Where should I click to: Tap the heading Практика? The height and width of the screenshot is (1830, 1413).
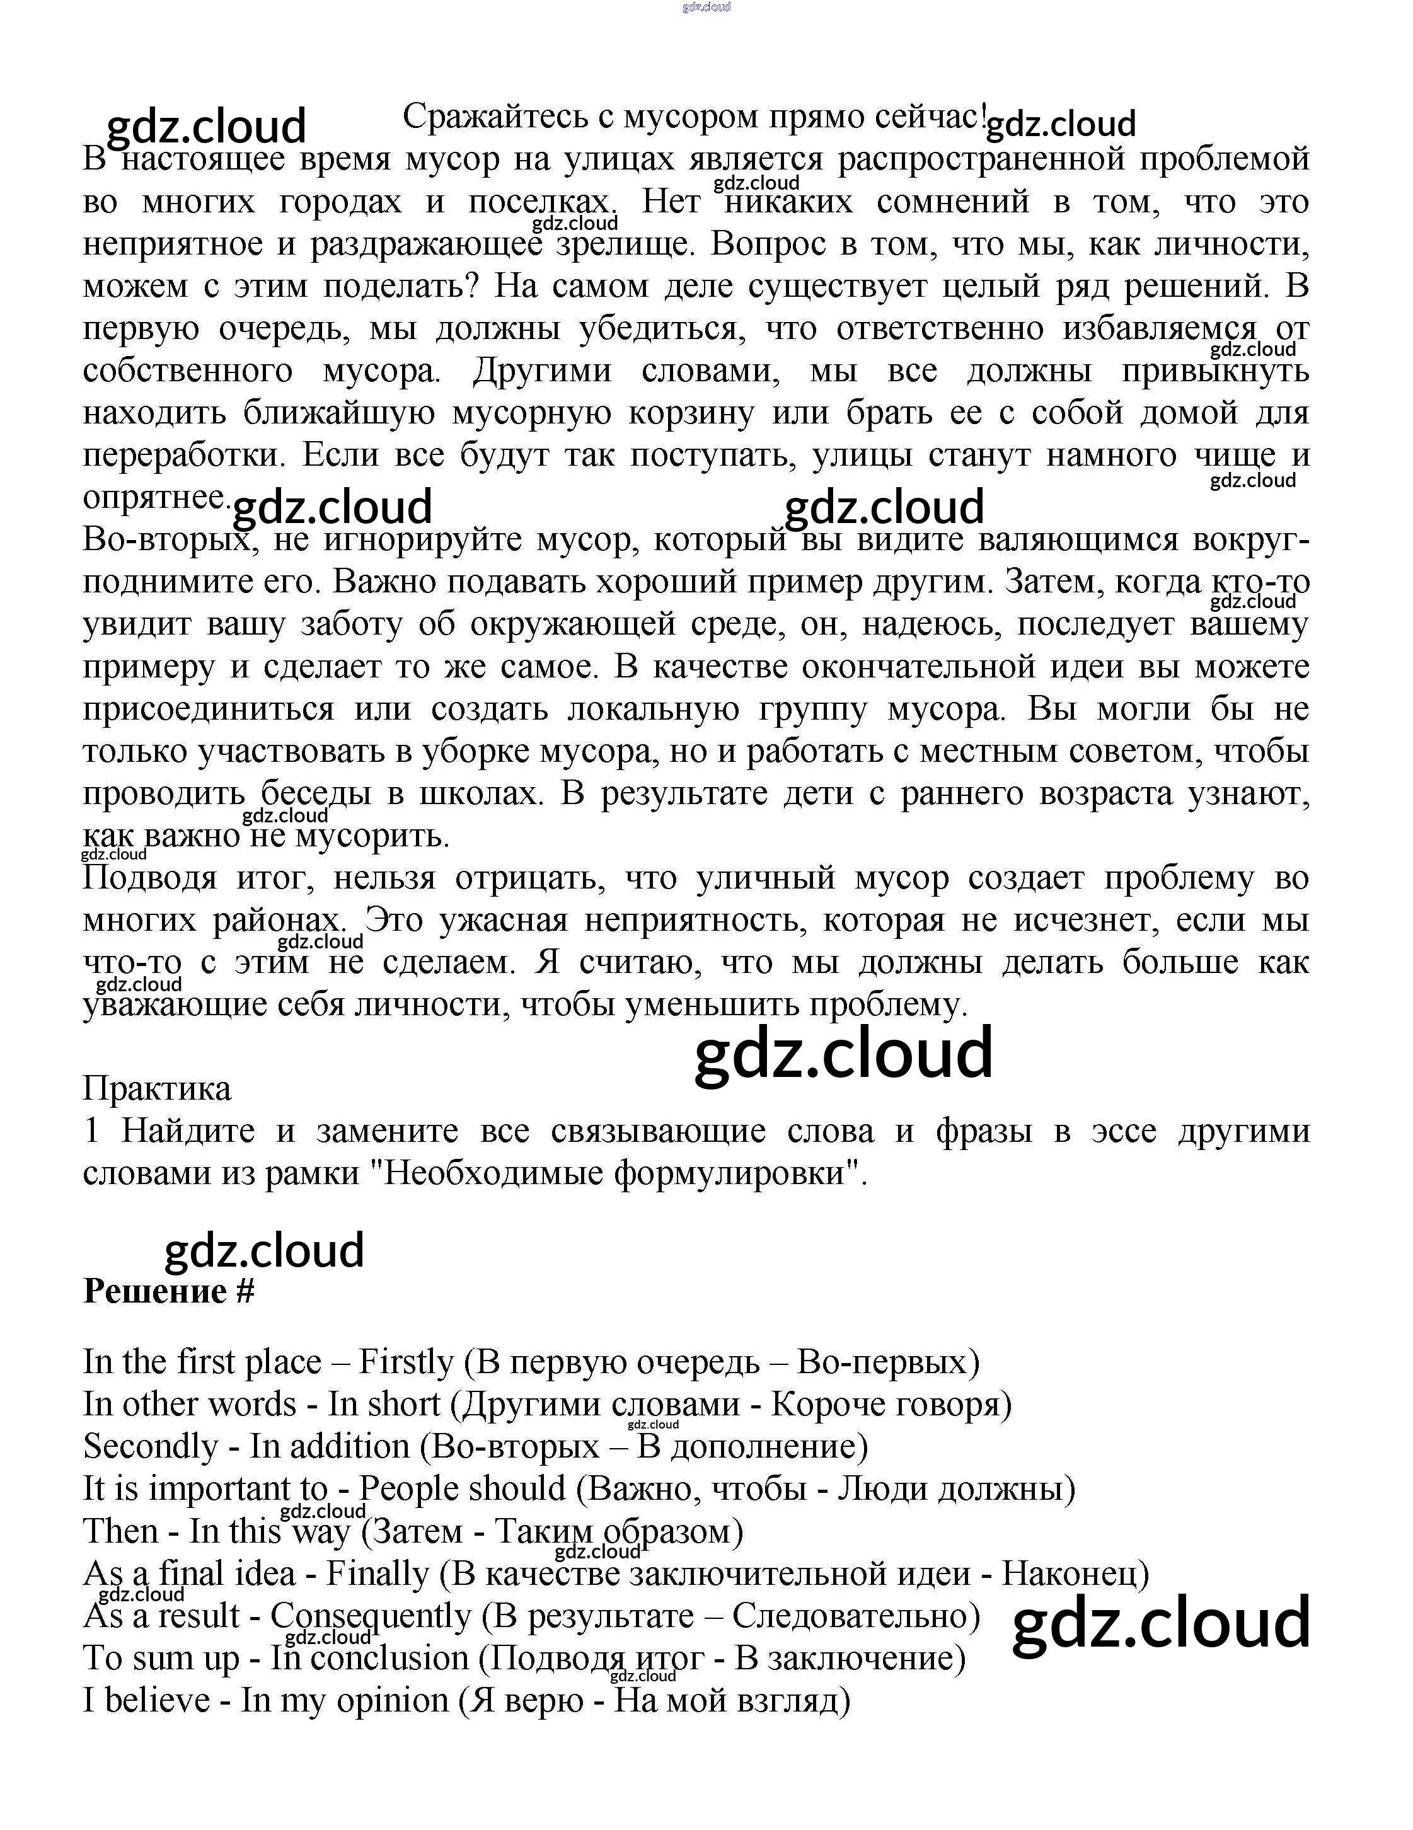pos(157,1088)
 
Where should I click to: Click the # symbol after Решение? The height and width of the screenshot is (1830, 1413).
pos(244,1291)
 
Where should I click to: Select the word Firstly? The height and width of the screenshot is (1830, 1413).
pos(406,1362)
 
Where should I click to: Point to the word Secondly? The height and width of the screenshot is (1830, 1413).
pos(151,1447)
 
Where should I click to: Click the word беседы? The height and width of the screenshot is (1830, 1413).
pos(315,793)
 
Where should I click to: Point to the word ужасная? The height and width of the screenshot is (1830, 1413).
pos(503,920)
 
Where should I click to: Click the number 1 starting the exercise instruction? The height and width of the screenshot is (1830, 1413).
pos(91,1131)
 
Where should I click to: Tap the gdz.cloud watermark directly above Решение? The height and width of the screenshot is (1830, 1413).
pos(264,1250)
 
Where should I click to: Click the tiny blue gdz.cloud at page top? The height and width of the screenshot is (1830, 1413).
pos(706,7)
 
